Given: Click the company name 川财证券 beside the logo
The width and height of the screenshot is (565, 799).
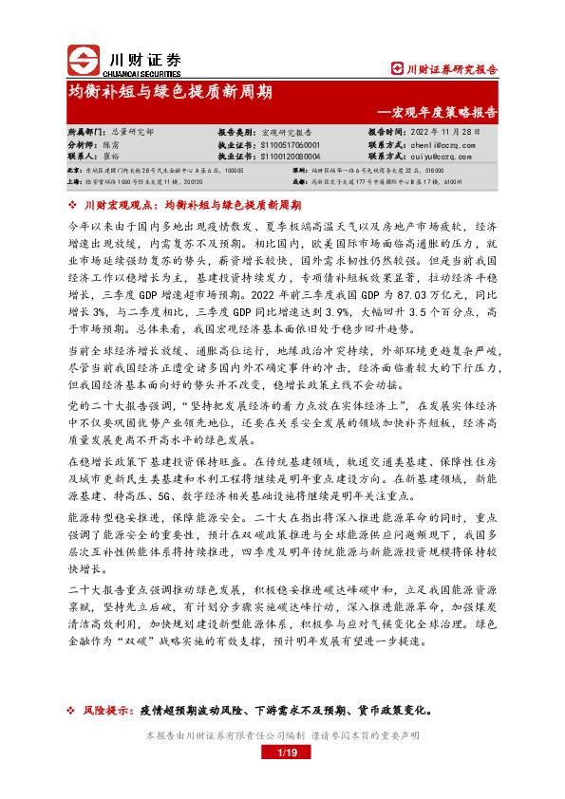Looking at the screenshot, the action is pos(141,57).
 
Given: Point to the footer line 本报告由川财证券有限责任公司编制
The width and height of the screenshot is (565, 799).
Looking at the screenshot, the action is pos(220,735).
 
